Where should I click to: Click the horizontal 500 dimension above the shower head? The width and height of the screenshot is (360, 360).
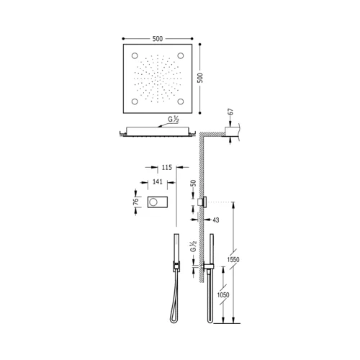point(158,39)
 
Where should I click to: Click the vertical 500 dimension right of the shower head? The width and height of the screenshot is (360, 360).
point(200,78)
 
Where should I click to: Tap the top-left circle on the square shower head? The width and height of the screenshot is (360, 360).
point(135,55)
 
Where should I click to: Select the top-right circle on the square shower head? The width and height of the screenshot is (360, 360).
point(181,55)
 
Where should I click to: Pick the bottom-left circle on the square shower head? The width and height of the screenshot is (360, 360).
point(135,102)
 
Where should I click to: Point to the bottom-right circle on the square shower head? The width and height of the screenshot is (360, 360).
point(181,102)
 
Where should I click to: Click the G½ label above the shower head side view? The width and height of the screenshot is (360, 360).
point(174,120)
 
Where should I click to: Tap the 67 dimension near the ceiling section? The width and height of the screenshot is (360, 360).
point(230,112)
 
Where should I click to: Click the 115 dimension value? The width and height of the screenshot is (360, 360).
point(167,167)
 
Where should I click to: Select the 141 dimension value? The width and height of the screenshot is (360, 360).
point(158,182)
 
